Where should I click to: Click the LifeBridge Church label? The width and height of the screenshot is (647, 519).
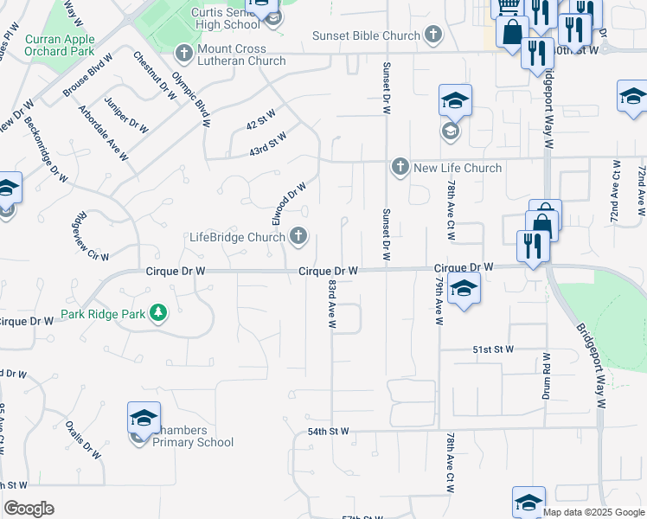237,237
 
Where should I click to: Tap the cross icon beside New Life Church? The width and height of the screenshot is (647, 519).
400,167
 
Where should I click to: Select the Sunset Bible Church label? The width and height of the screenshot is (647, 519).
367,35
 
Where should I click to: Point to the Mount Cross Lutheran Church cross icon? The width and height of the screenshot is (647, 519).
183,53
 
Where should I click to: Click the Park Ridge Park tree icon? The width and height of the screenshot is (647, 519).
158,313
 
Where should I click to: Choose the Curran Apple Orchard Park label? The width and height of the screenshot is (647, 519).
60,46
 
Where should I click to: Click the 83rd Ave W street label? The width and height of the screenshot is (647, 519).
331,304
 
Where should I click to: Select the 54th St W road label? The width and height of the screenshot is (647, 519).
328,431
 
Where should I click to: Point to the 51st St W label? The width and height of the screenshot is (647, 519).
493,349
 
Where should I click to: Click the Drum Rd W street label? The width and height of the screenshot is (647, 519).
547,374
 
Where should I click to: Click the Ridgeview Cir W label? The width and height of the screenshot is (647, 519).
93,237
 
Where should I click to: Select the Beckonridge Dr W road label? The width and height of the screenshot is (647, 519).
47,149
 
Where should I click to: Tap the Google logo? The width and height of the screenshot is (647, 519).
29,509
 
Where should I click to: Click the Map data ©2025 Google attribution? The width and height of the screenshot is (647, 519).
593,512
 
